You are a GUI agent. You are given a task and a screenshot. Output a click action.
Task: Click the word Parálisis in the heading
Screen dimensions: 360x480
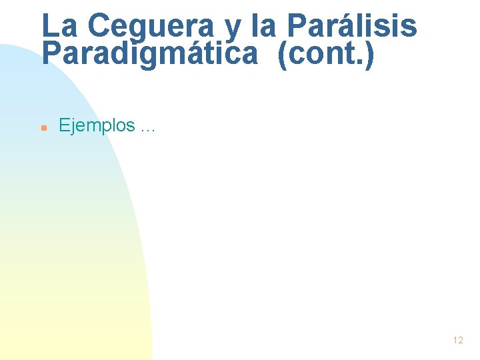click(352, 27)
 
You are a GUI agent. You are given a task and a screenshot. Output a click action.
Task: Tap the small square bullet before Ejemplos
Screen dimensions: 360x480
click(43, 126)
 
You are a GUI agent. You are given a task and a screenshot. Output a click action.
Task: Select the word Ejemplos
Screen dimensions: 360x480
click(97, 125)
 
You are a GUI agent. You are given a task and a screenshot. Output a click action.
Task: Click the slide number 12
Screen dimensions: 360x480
click(457, 340)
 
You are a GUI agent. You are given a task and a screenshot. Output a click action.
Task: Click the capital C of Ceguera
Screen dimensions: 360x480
click(99, 27)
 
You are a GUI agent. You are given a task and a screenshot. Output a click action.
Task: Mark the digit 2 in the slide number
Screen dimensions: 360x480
click(460, 340)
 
